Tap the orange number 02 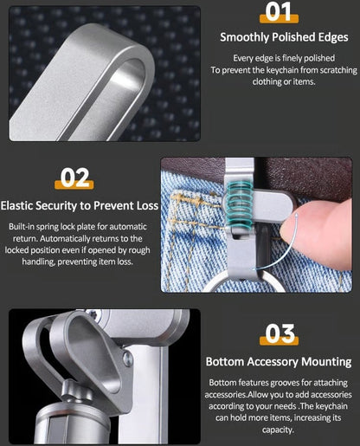tap(75, 178)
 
